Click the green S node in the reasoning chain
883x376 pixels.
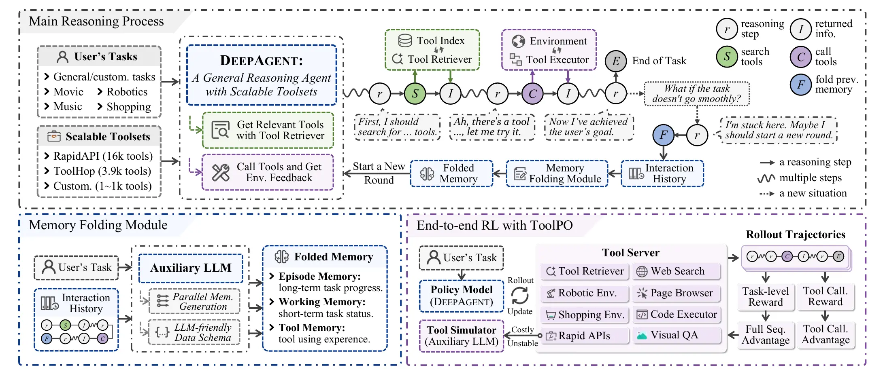click(x=415, y=93)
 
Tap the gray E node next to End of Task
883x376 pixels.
click(x=616, y=61)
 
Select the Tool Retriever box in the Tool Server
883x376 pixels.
click(x=585, y=271)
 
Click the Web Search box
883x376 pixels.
click(x=677, y=271)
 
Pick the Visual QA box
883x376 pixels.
click(x=677, y=335)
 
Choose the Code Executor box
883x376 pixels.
click(x=677, y=314)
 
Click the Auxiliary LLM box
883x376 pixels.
click(x=191, y=268)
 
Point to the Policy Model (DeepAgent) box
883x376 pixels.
click(x=462, y=296)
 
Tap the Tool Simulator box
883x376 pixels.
click(x=462, y=336)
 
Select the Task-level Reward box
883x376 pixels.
click(x=765, y=297)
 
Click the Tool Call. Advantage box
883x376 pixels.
click(x=826, y=334)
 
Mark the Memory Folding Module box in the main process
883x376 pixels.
click(x=557, y=173)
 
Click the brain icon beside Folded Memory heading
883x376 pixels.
click(x=281, y=257)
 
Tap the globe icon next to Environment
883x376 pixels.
click(x=518, y=41)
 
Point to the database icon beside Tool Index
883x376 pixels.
click(x=405, y=40)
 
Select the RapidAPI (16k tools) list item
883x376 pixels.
click(x=103, y=156)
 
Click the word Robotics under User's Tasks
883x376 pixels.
click(x=127, y=92)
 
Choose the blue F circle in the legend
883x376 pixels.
click(x=801, y=84)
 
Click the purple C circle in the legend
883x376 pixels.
click(x=801, y=57)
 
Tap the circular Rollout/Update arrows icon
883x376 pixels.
click(x=520, y=296)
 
